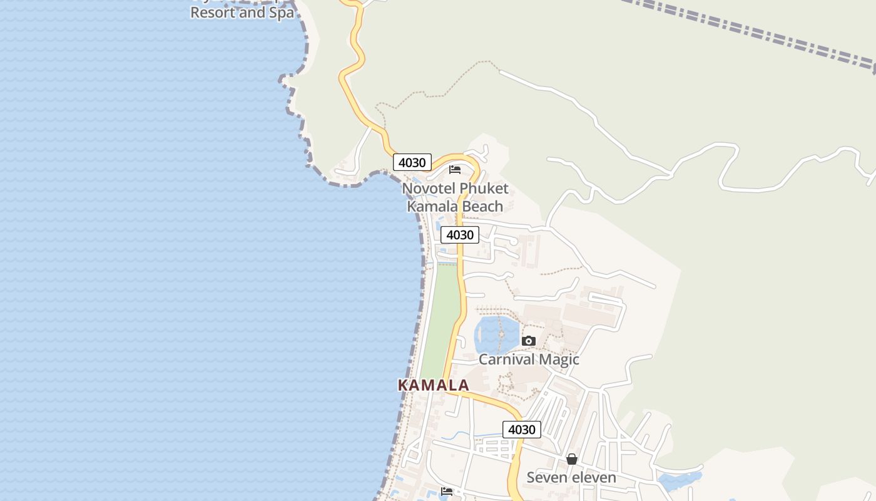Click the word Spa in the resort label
pos(282,13)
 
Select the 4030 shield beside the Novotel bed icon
pos(412,162)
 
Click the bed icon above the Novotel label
pos(455,169)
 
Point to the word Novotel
pos(429,189)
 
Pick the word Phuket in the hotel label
pos(484,189)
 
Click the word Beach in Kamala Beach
pos(482,206)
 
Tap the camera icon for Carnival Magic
pos(529,341)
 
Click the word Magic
pos(559,359)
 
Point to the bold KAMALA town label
pos(434,385)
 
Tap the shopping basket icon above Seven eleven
pos(571,459)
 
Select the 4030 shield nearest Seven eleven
pos(522,430)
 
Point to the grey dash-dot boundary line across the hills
pos(751,28)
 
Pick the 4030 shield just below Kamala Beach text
pos(460,235)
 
